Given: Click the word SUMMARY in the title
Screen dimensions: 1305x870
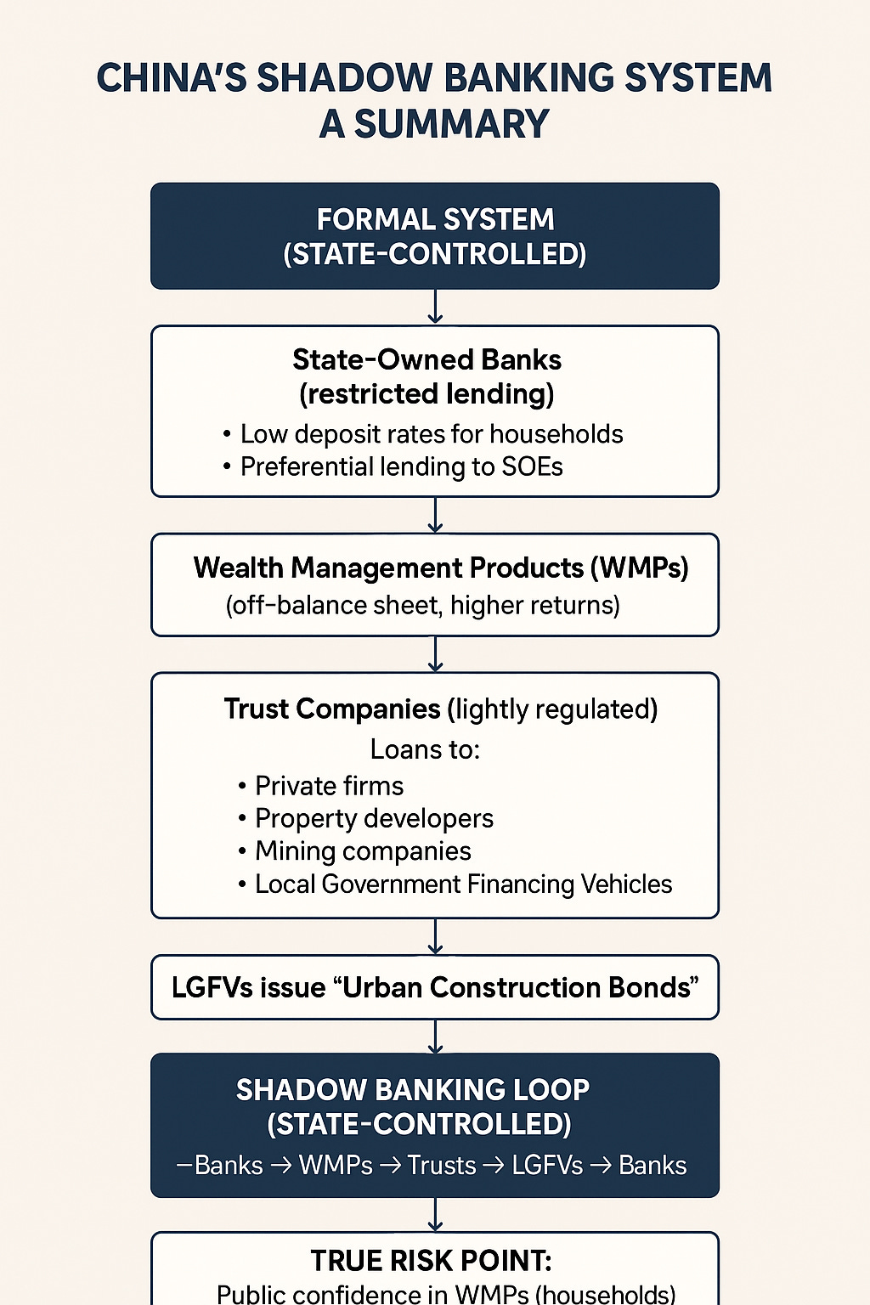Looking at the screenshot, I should pyautogui.click(x=451, y=124).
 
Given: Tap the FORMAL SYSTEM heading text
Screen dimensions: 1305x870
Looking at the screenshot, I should pyautogui.click(x=435, y=219).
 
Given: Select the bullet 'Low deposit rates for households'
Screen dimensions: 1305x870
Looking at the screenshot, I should pyautogui.click(x=432, y=434).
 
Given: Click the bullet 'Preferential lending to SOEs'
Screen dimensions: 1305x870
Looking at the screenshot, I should pyautogui.click(x=401, y=466).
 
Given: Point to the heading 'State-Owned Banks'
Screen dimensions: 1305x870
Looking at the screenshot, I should pyautogui.click(x=427, y=359).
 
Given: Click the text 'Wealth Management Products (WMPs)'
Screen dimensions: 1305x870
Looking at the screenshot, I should pyautogui.click(x=440, y=568).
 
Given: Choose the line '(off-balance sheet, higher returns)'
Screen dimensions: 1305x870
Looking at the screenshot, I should pyautogui.click(x=422, y=605).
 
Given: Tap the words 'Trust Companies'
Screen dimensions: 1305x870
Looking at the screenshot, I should pyautogui.click(x=332, y=709).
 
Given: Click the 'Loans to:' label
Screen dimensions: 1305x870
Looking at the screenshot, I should pyautogui.click(x=425, y=749).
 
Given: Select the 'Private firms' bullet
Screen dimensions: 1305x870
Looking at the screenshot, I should pyautogui.click(x=329, y=786).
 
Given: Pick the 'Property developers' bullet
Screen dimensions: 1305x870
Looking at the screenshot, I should pyautogui.click(x=374, y=818).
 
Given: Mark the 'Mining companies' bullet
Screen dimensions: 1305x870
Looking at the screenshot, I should pyautogui.click(x=363, y=851).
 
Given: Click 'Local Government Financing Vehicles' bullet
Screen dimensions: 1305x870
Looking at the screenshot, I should pyautogui.click(x=463, y=884).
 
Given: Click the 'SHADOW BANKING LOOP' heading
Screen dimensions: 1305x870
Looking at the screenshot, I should pyautogui.click(x=413, y=1089).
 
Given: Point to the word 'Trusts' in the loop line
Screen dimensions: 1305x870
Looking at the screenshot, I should pyautogui.click(x=442, y=1165).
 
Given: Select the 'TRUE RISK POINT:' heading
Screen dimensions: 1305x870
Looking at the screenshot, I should pyautogui.click(x=432, y=1260).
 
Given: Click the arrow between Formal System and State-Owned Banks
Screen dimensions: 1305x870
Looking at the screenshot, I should pyautogui.click(x=435, y=307).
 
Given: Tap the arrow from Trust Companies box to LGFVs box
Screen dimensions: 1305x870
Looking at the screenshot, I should pyautogui.click(x=435, y=936).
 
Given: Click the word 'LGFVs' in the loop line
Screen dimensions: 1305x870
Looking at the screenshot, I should pyautogui.click(x=547, y=1165).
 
